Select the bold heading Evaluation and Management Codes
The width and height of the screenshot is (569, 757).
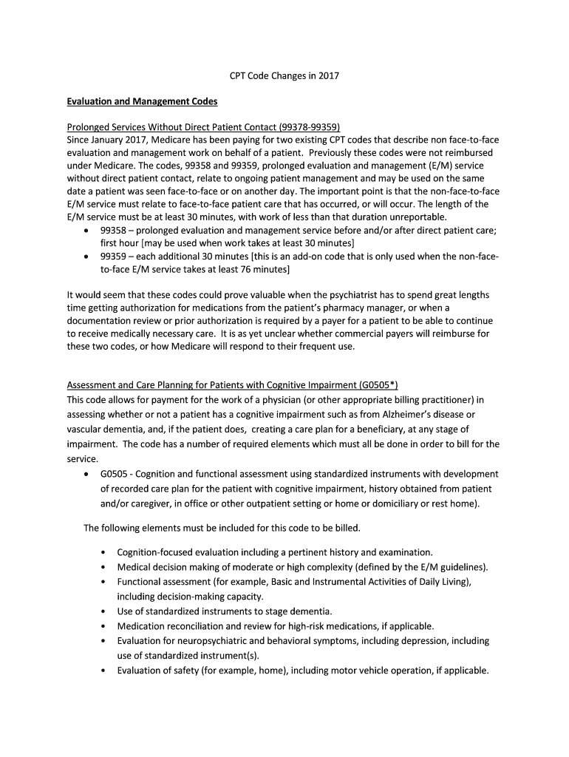point(143,102)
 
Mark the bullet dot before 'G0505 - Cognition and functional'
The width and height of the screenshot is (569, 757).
point(89,474)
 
